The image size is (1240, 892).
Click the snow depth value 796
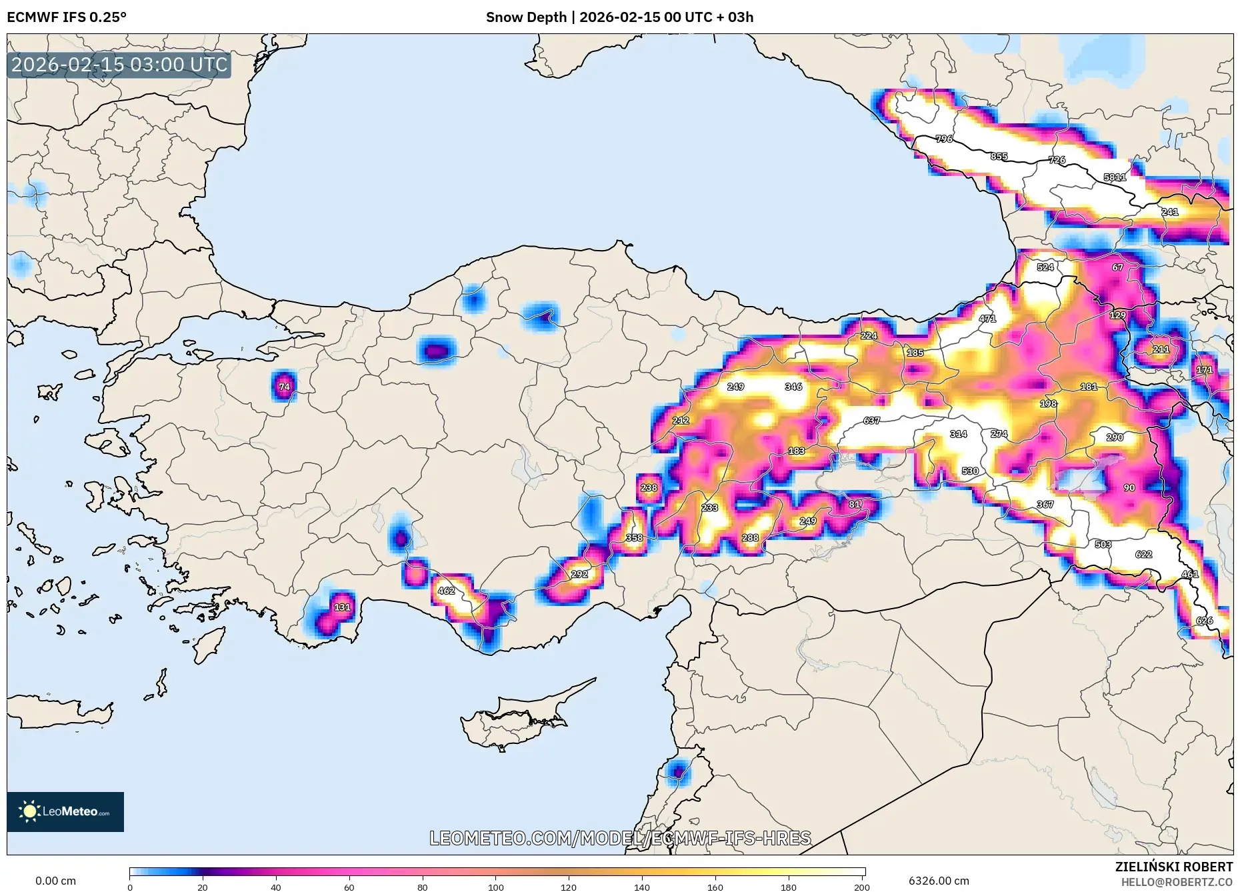click(944, 139)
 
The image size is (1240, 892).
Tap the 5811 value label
click(1115, 177)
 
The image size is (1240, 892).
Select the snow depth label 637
click(871, 421)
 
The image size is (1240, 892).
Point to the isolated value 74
click(285, 387)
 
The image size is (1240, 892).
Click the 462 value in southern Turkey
click(446, 591)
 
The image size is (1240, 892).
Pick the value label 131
click(342, 607)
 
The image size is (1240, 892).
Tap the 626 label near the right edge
click(1204, 621)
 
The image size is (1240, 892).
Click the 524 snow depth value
click(1045, 267)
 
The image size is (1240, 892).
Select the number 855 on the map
click(999, 157)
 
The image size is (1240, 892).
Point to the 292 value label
click(579, 574)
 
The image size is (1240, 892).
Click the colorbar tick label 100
click(495, 887)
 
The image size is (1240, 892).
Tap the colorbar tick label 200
click(861, 887)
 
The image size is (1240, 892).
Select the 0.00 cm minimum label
click(55, 881)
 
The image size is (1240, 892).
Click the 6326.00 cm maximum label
click(939, 881)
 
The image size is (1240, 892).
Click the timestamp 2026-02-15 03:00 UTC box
click(119, 65)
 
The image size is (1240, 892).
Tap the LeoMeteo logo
click(65, 811)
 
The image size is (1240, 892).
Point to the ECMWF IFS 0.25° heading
click(67, 17)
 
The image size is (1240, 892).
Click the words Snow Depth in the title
click(526, 17)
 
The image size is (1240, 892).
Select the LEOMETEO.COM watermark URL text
click(620, 838)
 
